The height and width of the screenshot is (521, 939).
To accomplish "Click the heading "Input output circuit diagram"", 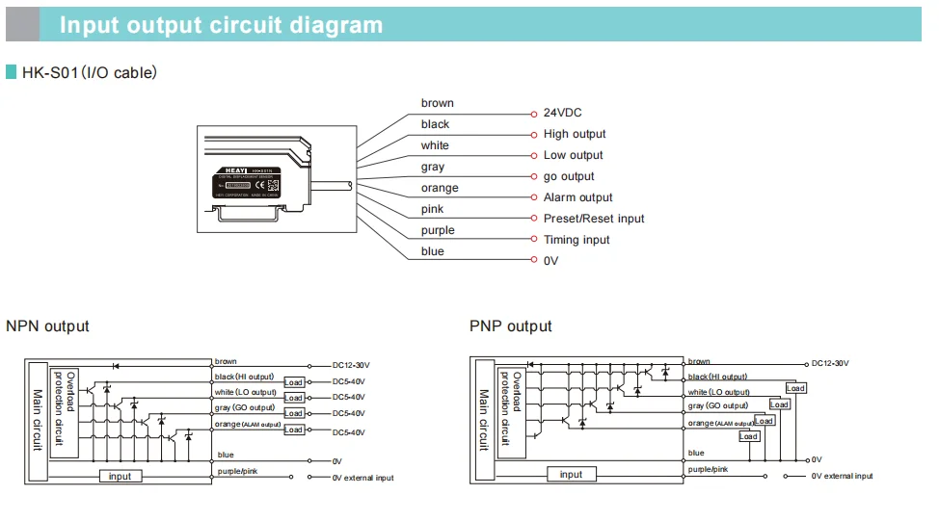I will tap(221, 25).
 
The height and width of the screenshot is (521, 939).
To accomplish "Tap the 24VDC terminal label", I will tap(562, 113).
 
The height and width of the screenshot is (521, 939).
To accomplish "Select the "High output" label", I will tap(575, 134).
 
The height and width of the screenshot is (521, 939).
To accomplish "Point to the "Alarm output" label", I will tap(577, 197).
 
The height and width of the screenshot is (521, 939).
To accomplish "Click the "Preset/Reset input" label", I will tap(594, 219).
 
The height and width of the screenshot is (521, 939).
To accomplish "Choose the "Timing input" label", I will tap(577, 240).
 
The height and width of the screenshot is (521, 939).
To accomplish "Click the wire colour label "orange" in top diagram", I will tap(440, 188).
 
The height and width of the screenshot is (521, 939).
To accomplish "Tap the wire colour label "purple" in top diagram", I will tap(438, 230).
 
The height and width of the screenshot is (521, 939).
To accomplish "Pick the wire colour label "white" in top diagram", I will tap(435, 145).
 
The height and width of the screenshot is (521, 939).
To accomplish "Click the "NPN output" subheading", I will tap(47, 326).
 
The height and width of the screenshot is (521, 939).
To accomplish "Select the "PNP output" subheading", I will tap(511, 326).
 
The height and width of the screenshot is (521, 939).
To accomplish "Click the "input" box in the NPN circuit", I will tap(120, 476).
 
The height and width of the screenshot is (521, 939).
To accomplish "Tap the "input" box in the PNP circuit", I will tap(571, 474).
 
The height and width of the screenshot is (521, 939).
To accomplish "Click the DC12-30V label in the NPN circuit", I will tap(351, 365).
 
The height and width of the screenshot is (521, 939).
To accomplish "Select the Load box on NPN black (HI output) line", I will tap(294, 382).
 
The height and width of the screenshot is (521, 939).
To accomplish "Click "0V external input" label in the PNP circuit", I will tap(842, 476).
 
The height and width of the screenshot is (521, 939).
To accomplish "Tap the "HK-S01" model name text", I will tap(50, 72).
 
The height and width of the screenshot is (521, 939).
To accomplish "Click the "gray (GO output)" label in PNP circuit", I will tap(717, 406).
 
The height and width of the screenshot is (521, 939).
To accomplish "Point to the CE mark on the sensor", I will tap(271, 186).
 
